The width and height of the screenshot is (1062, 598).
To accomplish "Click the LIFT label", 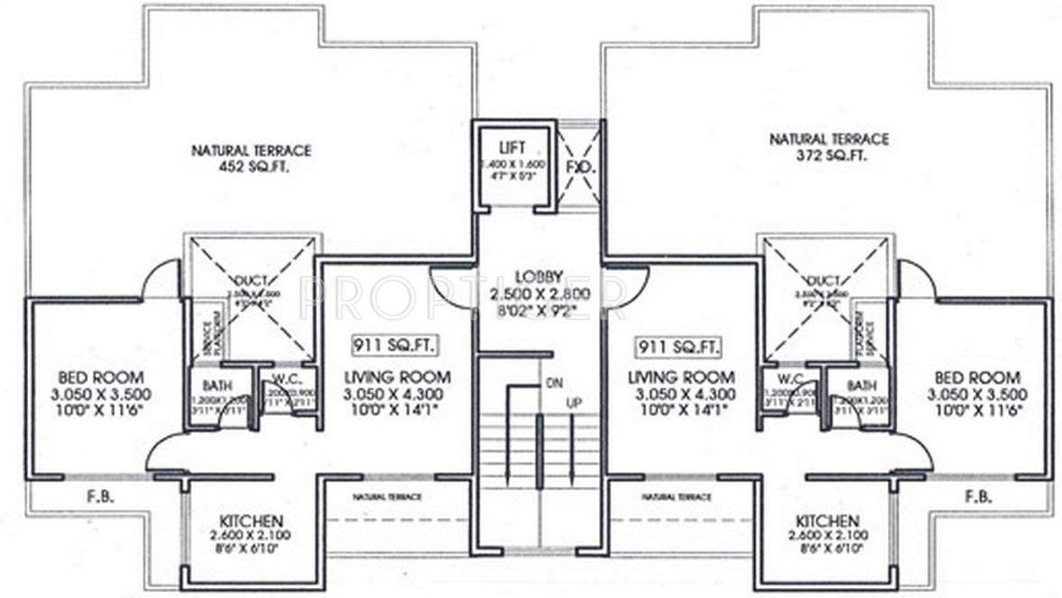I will click(511, 146).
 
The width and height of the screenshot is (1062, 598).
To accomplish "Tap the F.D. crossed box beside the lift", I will click(576, 168).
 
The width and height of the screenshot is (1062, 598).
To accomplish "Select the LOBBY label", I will click(540, 275).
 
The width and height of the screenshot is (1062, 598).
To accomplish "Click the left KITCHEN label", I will click(252, 521).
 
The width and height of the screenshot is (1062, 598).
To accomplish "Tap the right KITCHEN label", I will click(827, 521).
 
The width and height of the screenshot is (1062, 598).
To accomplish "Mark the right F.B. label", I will click(976, 496).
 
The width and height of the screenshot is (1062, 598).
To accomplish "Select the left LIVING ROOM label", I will click(397, 377).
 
